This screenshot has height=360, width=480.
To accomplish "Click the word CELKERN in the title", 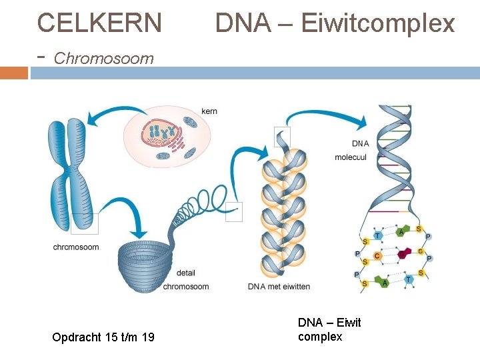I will pos(99,23).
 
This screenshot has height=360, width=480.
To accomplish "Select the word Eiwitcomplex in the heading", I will pos(378,23).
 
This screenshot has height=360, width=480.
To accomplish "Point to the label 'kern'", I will pos(209,111).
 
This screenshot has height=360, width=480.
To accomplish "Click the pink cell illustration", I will pos(167,137).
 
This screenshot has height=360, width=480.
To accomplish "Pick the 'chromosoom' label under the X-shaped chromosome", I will pos(76,247).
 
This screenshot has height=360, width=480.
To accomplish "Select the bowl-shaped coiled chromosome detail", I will pos(144,267).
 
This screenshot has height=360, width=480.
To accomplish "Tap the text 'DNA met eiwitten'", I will pos(279,287).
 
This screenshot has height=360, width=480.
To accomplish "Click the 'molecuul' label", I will pos(351,157).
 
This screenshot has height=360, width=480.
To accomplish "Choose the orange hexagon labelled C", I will pos(377,256).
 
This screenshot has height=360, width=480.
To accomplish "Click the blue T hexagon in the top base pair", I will pos(378,235).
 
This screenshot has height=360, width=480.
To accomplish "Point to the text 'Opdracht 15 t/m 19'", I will pos(103,337).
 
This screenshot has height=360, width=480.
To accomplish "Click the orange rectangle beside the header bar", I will pos(14,73).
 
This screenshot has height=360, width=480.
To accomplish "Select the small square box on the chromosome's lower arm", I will pos(85,223).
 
